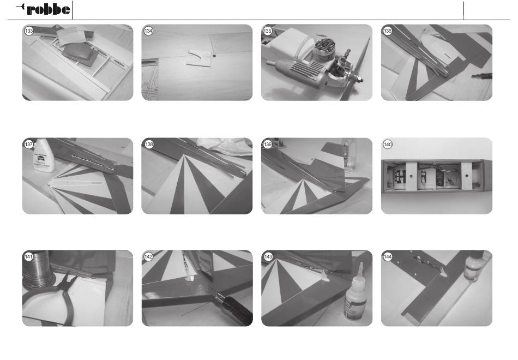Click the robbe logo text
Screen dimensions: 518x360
pos(48,9)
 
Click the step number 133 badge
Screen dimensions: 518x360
pos(29,31)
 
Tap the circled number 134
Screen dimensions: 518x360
pos(148,31)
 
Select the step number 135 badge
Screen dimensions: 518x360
pos(268,31)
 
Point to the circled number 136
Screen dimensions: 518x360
pos(388,31)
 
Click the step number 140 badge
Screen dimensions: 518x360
pos(388,145)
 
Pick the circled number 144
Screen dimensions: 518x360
pos(388,257)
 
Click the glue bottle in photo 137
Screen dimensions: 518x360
pos(43,155)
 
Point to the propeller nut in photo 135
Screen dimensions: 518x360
pos(359,80)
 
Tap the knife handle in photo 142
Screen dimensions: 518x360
pos(235,309)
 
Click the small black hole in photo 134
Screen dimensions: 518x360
pos(214,56)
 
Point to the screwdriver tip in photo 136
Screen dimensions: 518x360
pos(473,77)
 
